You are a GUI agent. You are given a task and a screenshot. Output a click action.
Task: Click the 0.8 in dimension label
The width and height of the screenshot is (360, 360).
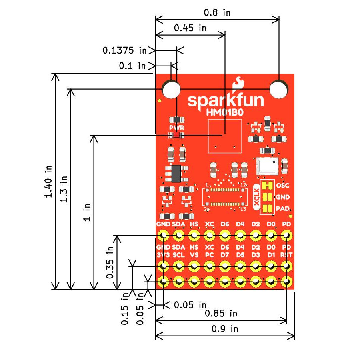[x=217, y=12]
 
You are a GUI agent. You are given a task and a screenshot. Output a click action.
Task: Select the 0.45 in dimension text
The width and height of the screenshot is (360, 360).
[x=190, y=28]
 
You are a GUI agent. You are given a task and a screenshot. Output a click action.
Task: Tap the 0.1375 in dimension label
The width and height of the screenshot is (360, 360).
[x=124, y=50]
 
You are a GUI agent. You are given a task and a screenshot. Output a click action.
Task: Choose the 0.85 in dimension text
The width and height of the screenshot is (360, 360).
[x=221, y=313]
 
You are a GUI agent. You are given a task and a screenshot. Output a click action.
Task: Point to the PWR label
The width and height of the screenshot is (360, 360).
[x=176, y=128]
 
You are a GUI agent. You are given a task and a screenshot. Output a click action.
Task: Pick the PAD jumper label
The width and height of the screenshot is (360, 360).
[x=283, y=209]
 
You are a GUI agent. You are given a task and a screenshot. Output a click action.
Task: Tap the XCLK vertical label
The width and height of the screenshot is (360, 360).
[x=256, y=197]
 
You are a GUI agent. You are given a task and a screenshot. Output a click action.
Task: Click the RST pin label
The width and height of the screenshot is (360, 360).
[x=286, y=255]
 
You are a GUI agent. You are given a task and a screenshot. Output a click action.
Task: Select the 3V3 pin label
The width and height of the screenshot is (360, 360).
[x=163, y=255]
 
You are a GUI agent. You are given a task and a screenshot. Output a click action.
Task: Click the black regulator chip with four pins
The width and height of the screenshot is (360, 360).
[x=176, y=172]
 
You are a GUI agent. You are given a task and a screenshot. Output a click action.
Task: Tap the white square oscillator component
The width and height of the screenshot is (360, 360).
[x=266, y=166]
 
